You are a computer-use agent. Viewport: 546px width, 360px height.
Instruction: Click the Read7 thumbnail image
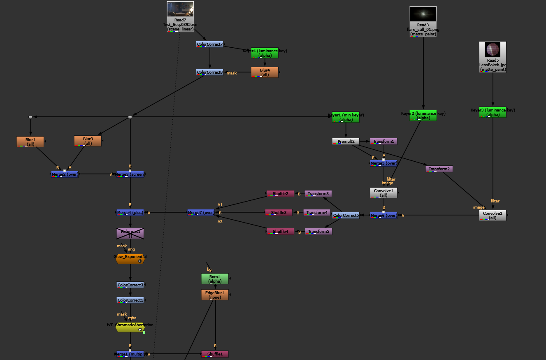coord(180,9)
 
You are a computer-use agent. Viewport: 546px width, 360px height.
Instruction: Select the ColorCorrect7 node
coord(210,44)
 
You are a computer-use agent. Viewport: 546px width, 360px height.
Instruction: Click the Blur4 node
coord(265,72)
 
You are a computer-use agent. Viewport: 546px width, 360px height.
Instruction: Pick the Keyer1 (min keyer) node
coord(346,117)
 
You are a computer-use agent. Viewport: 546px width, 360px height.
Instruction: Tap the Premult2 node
coord(346,142)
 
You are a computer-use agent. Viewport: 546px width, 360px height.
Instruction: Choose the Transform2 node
coord(439,169)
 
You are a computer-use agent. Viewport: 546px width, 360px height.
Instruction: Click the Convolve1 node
coord(383,193)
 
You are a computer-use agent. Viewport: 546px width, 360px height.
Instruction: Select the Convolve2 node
coord(493,216)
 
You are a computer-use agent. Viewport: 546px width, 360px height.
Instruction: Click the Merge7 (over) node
coord(201,213)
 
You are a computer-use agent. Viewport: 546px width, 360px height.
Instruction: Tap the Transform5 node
coord(318,232)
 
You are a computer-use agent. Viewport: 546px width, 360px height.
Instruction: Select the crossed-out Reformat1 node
coord(130,234)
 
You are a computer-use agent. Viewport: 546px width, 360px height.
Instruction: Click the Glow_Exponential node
coord(130,258)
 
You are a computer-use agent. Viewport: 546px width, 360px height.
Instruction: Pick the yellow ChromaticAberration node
coord(130,327)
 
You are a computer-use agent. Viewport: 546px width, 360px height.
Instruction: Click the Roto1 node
coord(215,279)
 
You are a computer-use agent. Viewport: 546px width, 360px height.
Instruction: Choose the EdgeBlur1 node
coord(215,295)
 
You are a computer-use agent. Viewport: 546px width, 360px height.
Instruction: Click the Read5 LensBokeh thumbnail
coord(493,49)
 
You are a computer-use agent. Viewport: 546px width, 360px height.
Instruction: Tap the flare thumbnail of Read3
coord(423,14)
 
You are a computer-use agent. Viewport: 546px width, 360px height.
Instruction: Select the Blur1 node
coord(30,142)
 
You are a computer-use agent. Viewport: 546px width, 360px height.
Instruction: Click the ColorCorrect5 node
coord(346,215)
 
